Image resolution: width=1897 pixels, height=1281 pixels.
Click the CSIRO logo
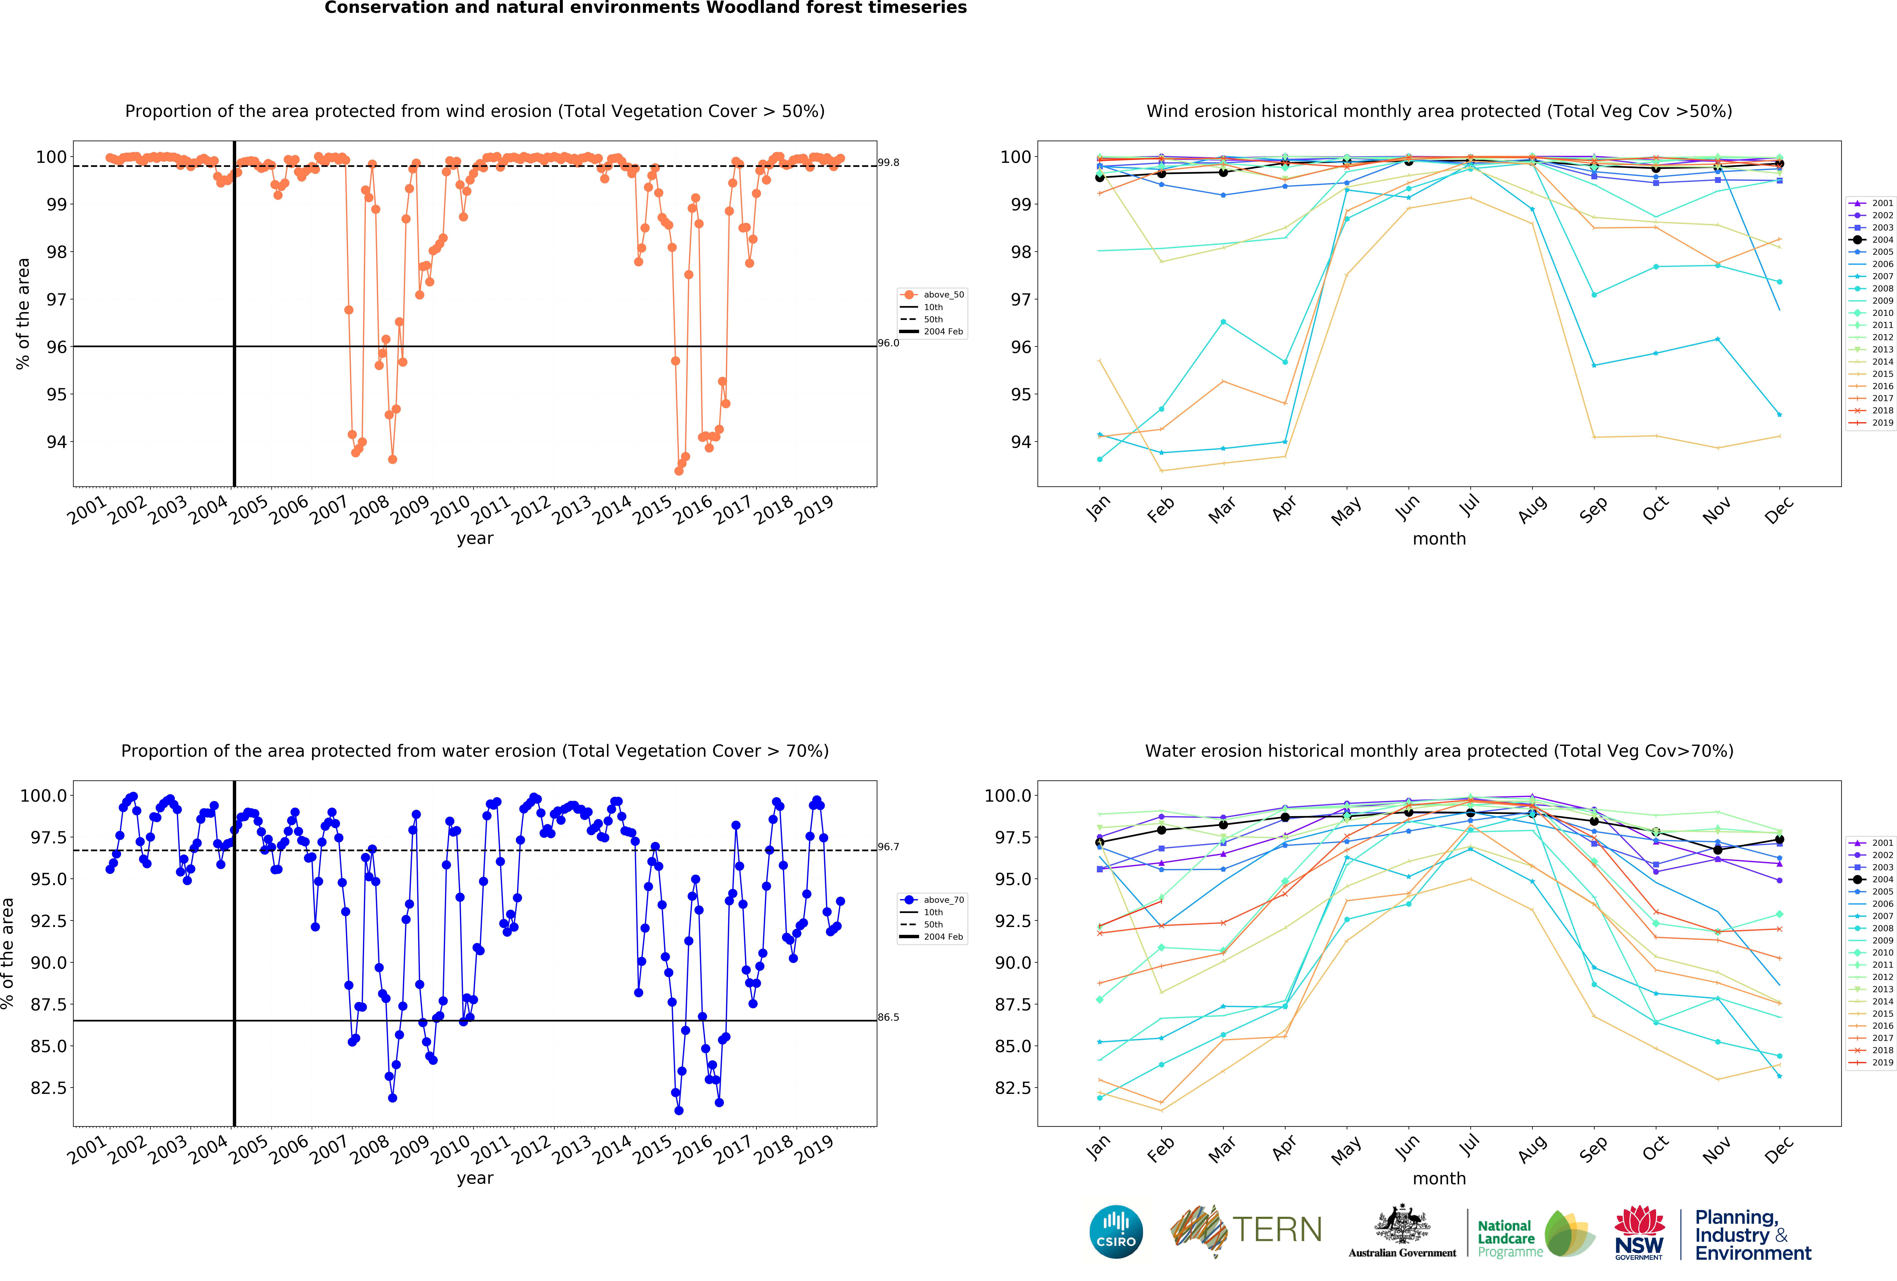[x=1116, y=1232]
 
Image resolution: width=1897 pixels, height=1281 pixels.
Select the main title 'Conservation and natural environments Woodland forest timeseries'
[x=645, y=8]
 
